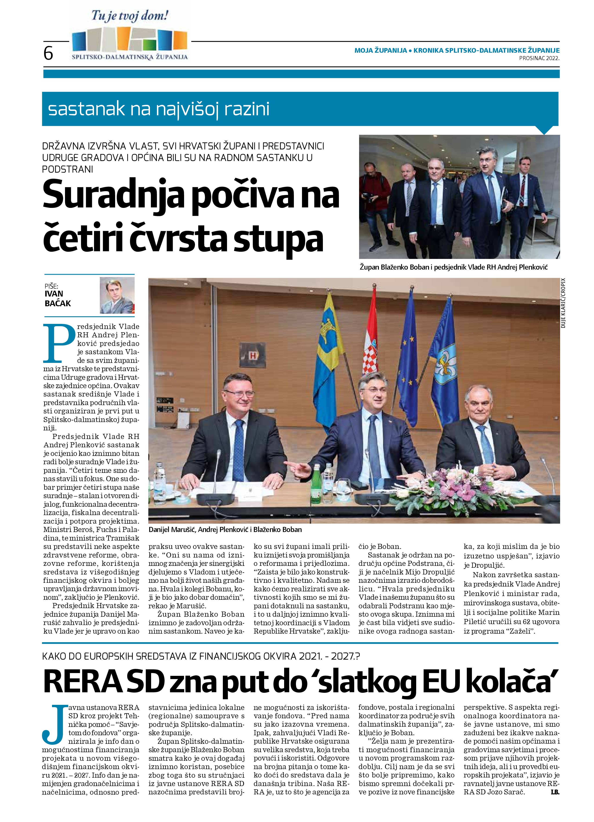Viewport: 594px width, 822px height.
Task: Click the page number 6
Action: pos(48,54)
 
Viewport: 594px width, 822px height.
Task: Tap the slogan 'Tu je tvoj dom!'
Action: pos(130,16)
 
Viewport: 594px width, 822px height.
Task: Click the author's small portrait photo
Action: pos(117,295)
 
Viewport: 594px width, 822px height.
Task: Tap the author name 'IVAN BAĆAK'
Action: pos(58,298)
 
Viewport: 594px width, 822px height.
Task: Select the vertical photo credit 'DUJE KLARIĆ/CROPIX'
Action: pos(563,303)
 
